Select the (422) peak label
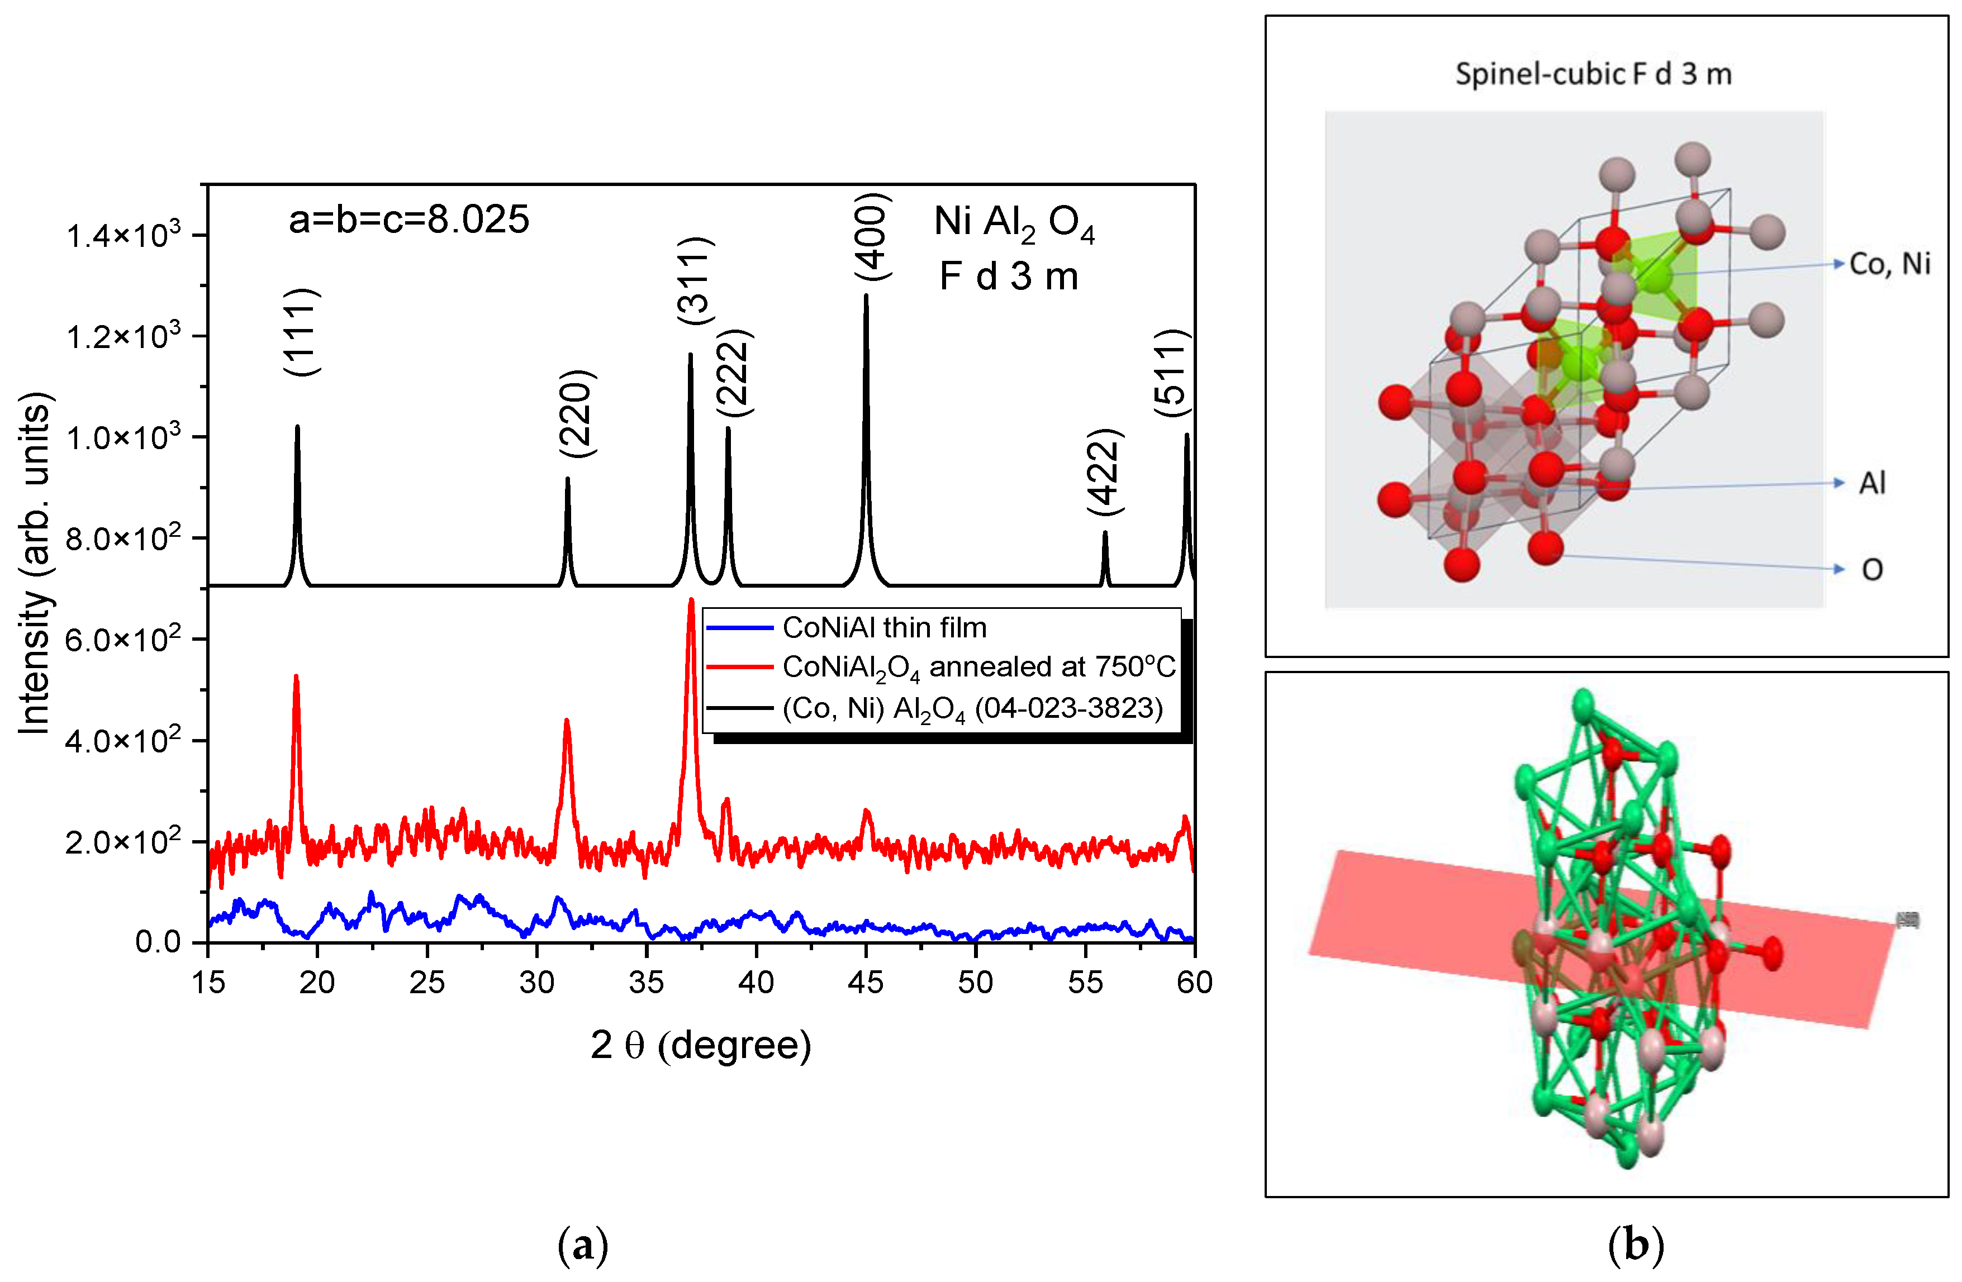1105,473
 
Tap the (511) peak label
1171,373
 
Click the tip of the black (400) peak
866,296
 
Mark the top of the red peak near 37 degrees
691,600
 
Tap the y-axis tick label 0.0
158,942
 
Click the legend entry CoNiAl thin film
883,628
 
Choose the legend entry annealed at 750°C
978,668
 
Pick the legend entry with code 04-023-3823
972,708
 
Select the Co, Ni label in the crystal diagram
1889,264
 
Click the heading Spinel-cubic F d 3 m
1593,74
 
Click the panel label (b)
1636,1246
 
